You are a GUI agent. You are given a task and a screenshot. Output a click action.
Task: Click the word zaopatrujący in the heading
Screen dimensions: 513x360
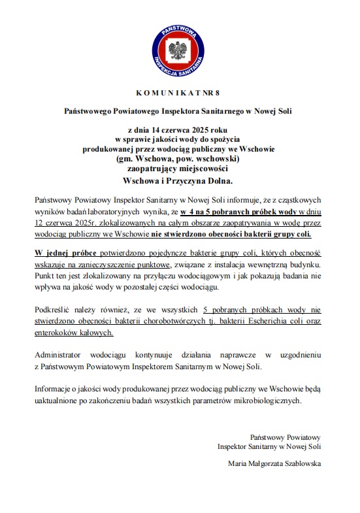(157, 167)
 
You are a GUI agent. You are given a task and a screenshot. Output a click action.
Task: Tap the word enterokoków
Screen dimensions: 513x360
(57, 332)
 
